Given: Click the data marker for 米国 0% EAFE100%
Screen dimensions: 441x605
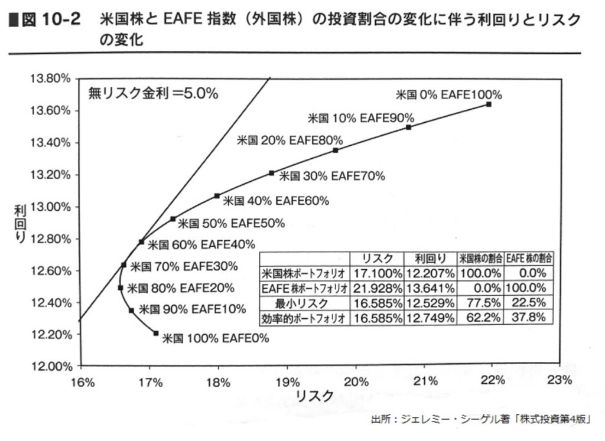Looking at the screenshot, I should [489, 104].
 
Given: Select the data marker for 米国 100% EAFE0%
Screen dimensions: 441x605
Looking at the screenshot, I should [156, 334].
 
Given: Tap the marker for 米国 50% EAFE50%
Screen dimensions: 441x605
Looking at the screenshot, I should [173, 219].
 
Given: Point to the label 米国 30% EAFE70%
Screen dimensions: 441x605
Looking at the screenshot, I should [331, 176].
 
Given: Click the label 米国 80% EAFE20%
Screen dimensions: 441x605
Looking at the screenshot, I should [180, 289].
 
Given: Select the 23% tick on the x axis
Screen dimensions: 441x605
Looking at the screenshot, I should [560, 381].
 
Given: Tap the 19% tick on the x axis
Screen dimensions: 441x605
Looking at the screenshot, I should [287, 381].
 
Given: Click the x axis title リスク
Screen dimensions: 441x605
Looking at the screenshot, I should [314, 396].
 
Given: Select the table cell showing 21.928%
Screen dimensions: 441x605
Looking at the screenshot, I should [377, 288].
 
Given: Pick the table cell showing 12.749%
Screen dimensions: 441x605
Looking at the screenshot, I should [430, 318].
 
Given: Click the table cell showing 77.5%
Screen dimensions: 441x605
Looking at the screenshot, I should [481, 303].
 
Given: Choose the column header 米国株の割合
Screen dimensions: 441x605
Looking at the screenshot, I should [481, 259].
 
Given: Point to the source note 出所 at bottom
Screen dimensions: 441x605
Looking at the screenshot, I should [482, 420].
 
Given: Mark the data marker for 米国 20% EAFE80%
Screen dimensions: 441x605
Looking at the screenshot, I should [336, 150].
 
